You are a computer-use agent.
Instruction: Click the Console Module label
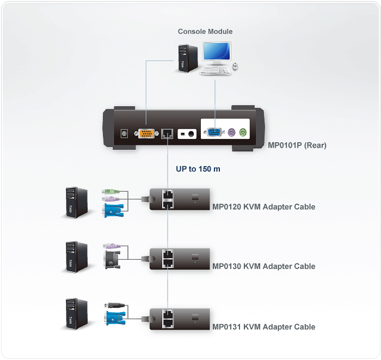coord(205,32)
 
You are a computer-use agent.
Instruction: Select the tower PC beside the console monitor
coord(186,56)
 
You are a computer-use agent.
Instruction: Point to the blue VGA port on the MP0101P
coord(213,133)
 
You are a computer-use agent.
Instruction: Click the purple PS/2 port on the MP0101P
coord(231,133)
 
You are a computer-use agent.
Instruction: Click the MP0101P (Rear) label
coord(297,145)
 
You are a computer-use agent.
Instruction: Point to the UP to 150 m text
coord(198,169)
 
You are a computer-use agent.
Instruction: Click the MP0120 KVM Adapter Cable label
coord(263,207)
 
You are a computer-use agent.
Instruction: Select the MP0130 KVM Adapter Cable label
coord(263,266)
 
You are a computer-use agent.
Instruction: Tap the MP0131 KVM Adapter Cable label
coord(263,327)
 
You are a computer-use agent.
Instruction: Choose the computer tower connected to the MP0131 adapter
coord(76,314)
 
